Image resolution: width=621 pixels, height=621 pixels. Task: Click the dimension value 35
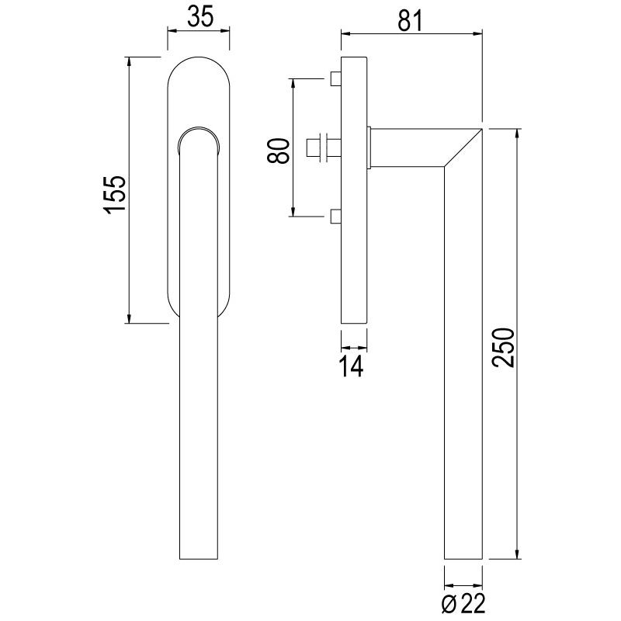(200, 16)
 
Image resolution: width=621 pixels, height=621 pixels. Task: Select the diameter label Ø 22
(463, 602)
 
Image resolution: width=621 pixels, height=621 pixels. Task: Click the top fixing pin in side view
(335, 79)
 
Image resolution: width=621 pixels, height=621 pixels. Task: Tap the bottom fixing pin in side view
(335, 215)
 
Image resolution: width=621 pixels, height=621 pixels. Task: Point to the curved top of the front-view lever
(198, 132)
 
